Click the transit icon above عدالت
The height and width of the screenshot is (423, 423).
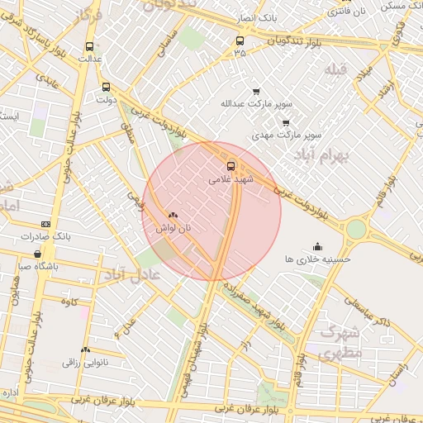(89, 47)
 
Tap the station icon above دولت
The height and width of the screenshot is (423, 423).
(106, 87)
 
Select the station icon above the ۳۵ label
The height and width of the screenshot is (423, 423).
(240, 40)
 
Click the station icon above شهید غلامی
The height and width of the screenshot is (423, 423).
(231, 164)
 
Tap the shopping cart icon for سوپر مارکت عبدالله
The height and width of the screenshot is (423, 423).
(256, 92)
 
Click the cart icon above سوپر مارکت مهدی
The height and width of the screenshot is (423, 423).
(286, 122)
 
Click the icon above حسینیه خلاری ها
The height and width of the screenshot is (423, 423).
(317, 246)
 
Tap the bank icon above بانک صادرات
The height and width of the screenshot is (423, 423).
(45, 224)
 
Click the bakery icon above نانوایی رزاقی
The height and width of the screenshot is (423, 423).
(85, 350)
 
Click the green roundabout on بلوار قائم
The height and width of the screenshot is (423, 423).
(356, 228)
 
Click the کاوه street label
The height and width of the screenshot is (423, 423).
(69, 301)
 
